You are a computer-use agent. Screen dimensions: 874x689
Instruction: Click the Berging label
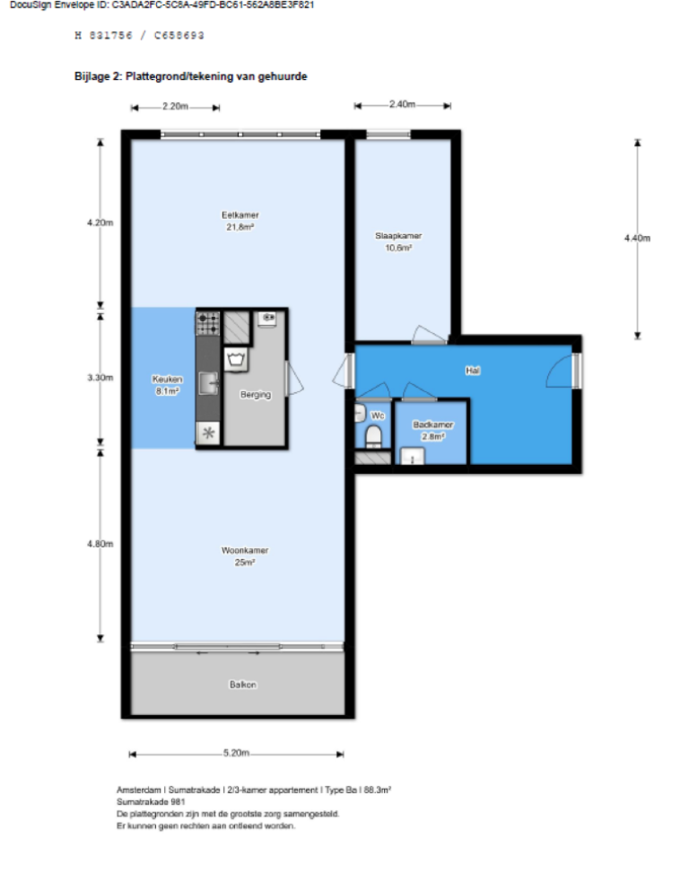click(x=255, y=395)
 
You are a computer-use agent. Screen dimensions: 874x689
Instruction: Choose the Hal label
click(x=472, y=370)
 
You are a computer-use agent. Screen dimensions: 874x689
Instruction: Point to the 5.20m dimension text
click(x=236, y=754)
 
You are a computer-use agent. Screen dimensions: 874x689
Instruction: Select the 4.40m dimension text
click(x=636, y=238)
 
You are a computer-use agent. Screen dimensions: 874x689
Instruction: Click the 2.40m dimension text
click(x=402, y=105)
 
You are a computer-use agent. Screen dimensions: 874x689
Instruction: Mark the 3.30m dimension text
click(x=100, y=379)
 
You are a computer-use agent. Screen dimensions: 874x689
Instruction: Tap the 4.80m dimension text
click(x=100, y=544)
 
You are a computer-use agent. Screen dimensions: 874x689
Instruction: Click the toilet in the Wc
click(x=374, y=437)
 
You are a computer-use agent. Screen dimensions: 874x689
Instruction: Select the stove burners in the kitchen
click(x=208, y=321)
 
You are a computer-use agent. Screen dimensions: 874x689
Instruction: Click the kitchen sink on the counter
click(x=208, y=383)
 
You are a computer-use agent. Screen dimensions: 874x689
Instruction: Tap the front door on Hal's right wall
click(x=575, y=370)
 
